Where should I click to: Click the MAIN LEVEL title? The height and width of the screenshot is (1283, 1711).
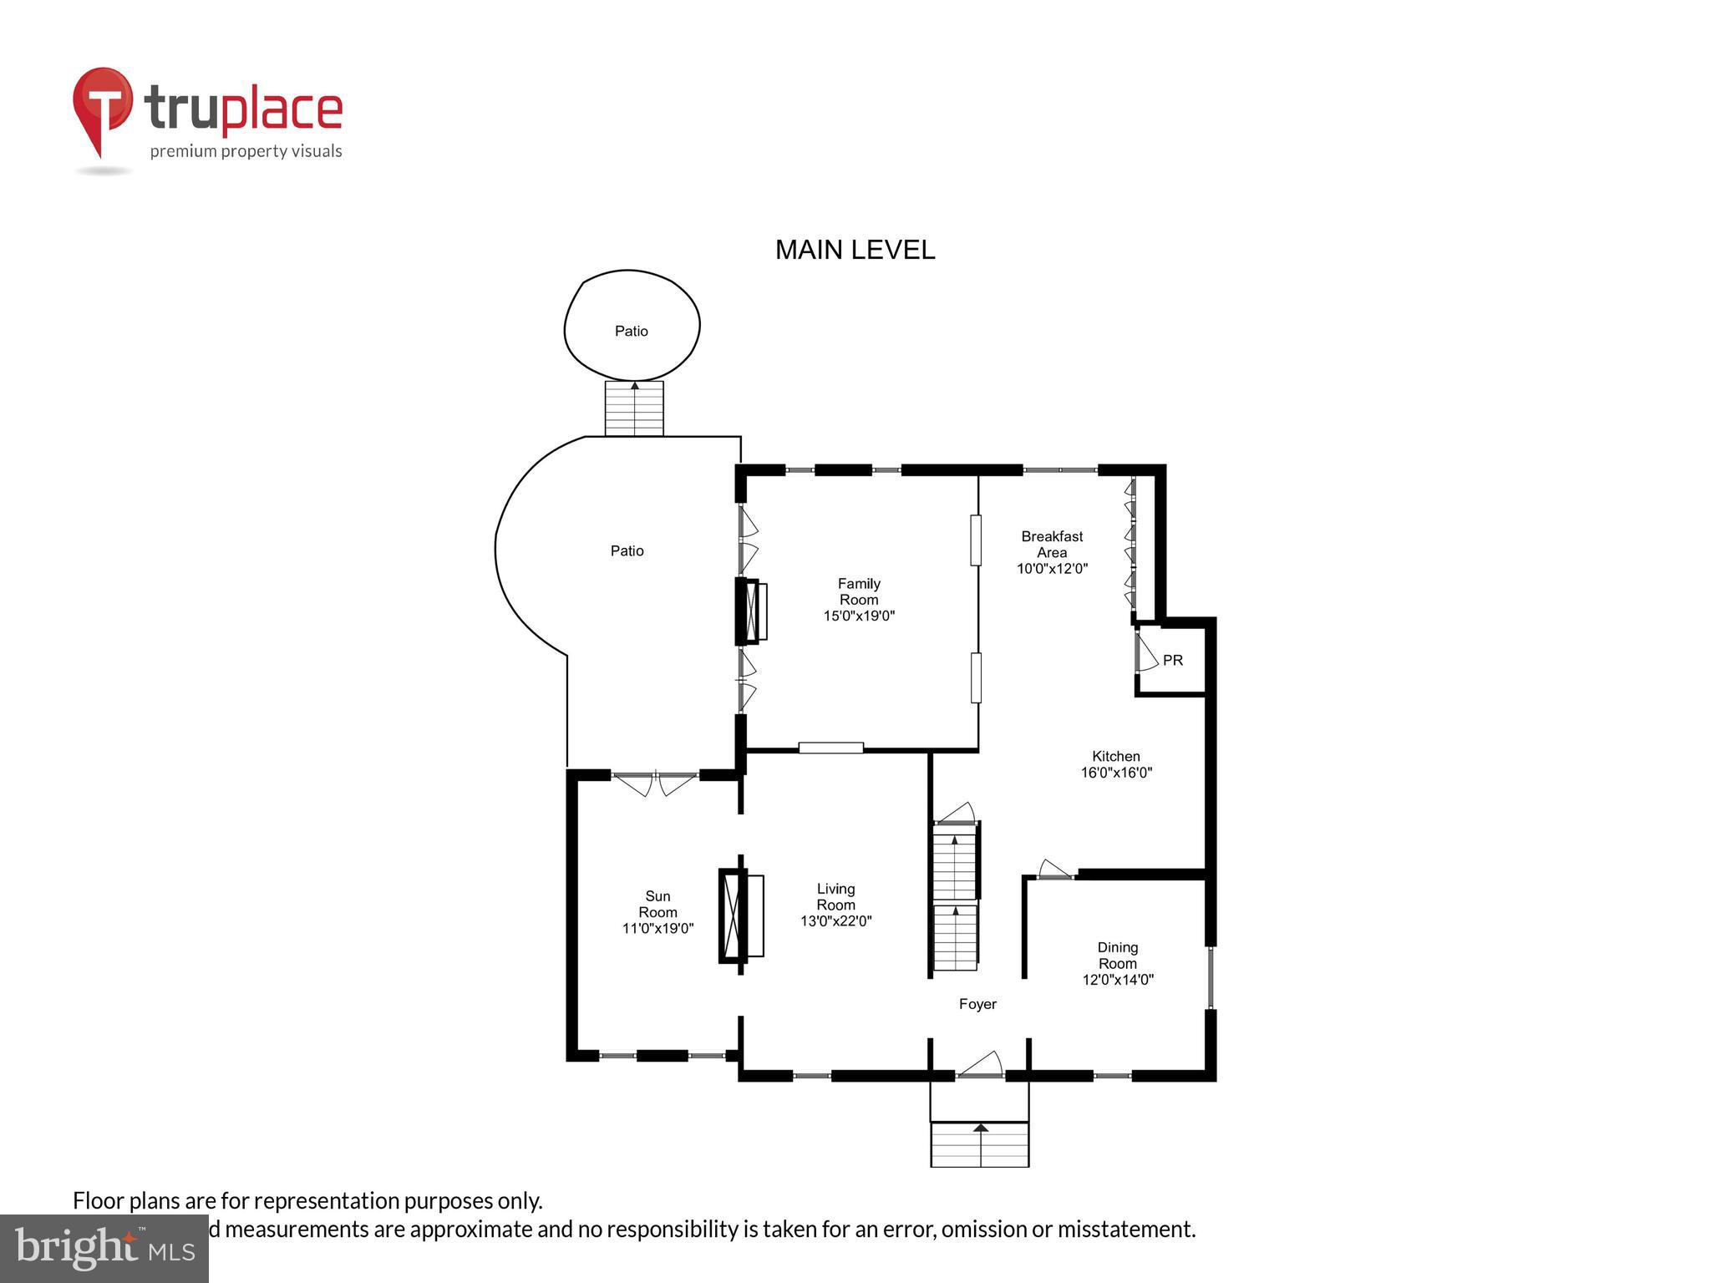click(x=855, y=250)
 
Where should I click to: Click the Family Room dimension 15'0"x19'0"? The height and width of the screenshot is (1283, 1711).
click(x=859, y=616)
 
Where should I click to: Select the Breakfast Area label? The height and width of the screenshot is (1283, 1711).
click(x=1052, y=544)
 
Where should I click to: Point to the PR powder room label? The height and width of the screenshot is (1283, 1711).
click(x=1172, y=660)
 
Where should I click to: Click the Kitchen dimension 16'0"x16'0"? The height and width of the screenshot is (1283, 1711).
click(x=1116, y=773)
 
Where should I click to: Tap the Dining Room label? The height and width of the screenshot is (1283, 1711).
click(x=1117, y=955)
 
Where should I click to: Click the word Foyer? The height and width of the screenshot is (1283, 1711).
click(x=977, y=1004)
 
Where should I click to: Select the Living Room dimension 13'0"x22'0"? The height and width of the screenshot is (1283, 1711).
click(x=835, y=921)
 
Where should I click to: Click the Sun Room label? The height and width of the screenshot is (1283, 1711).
click(x=657, y=904)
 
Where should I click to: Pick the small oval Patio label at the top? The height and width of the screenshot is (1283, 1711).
click(x=632, y=331)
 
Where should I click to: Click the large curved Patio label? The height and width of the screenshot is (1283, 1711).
click(x=627, y=550)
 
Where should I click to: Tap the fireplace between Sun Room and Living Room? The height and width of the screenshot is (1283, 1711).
click(x=740, y=915)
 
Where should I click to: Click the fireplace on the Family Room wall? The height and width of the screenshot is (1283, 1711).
click(x=750, y=611)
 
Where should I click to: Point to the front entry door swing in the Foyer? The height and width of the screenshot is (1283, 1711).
click(x=982, y=1064)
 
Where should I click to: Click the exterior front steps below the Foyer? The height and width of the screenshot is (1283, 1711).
click(x=979, y=1144)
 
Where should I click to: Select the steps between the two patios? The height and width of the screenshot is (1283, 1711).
click(x=634, y=408)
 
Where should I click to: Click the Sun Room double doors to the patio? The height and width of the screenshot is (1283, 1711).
click(x=655, y=783)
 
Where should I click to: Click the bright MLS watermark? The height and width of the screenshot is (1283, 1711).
click(x=104, y=1248)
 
